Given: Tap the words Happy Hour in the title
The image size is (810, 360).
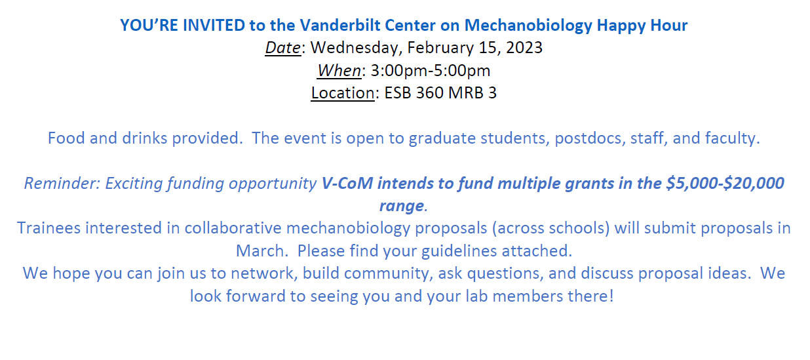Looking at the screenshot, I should [x=642, y=26].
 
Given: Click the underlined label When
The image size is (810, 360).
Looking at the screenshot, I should [x=339, y=70].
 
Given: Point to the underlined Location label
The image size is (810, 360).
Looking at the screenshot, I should [x=342, y=92].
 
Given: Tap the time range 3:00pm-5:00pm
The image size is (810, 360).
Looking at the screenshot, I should [x=430, y=70].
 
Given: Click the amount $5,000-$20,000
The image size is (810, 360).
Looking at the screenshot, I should [x=725, y=183].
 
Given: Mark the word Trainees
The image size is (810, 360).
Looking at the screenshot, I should [x=48, y=228].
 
